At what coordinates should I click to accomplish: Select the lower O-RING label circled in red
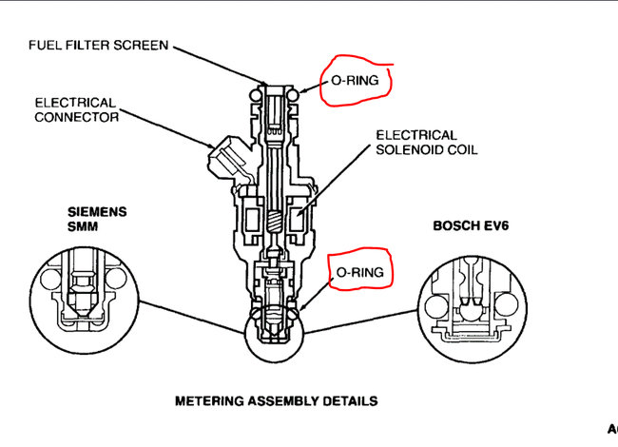pyautogui.click(x=358, y=272)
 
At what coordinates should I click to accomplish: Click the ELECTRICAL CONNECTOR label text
pyautogui.click(x=75, y=109)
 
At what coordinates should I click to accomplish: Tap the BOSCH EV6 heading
pyautogui.click(x=468, y=227)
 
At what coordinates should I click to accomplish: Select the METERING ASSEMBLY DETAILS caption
pyautogui.click(x=276, y=400)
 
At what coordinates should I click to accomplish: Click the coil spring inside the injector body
pyautogui.click(x=271, y=225)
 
